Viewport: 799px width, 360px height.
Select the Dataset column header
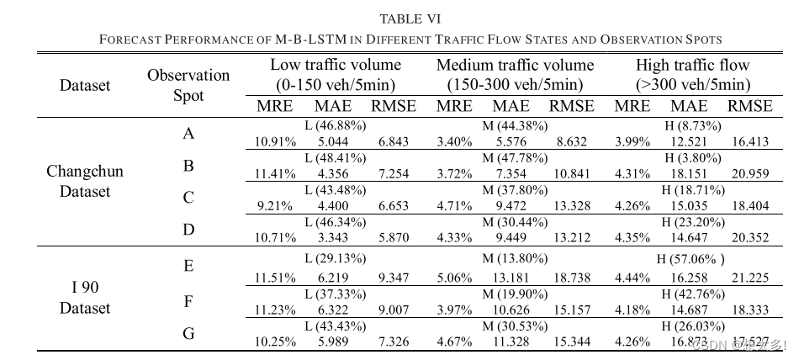(x=85, y=85)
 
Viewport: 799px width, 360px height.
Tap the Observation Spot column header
(x=188, y=85)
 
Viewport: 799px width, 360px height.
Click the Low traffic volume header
(x=336, y=75)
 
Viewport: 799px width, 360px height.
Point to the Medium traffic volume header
(x=515, y=75)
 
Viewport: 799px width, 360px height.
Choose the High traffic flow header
(x=692, y=75)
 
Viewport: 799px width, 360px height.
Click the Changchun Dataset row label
(x=85, y=181)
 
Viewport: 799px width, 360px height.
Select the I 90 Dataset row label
(x=85, y=298)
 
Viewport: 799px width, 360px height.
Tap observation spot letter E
(x=188, y=267)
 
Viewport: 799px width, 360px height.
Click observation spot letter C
(x=188, y=198)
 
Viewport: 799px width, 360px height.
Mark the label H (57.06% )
(x=694, y=260)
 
